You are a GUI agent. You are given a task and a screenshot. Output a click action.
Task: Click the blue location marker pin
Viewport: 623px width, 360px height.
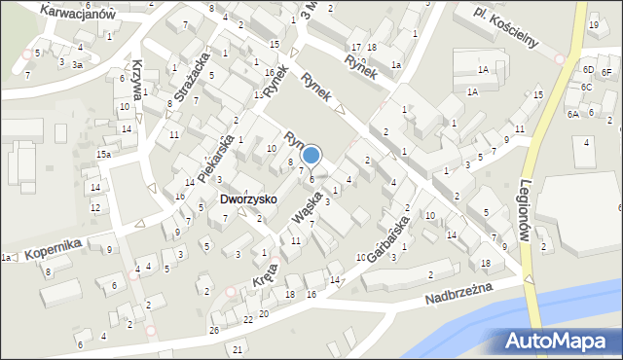[x=311, y=156]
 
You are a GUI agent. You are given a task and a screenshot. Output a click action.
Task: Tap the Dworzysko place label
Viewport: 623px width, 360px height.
[x=247, y=198]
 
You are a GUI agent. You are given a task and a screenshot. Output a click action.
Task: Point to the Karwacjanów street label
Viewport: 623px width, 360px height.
[x=78, y=12]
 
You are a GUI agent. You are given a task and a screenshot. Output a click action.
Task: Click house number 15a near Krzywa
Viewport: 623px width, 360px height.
[x=103, y=155]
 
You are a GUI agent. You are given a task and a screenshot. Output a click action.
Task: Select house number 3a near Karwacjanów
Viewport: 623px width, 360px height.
[x=77, y=63]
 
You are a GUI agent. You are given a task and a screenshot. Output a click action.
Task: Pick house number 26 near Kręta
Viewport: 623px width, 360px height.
[x=213, y=331]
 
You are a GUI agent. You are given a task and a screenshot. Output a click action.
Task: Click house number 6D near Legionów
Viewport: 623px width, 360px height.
[x=587, y=70]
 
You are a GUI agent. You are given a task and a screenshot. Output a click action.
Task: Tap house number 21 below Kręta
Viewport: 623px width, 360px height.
[x=238, y=349]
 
